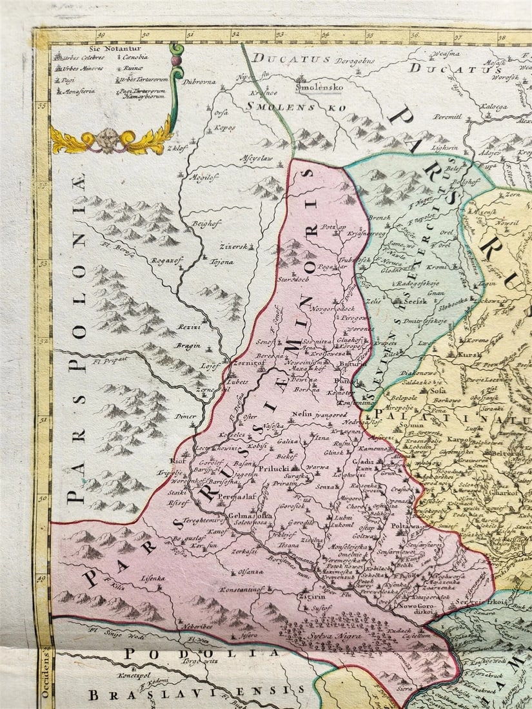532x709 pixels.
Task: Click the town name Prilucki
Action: click(275, 470)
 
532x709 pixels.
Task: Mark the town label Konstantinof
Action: click(242, 590)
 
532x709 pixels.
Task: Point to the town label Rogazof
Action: click(164, 260)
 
